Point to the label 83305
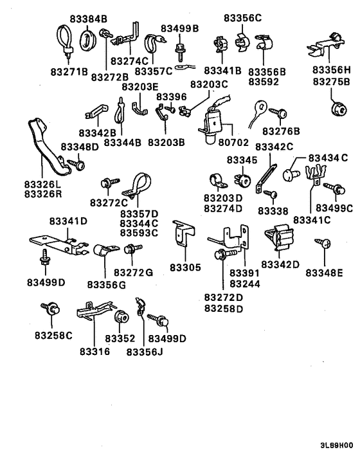[185, 267]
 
